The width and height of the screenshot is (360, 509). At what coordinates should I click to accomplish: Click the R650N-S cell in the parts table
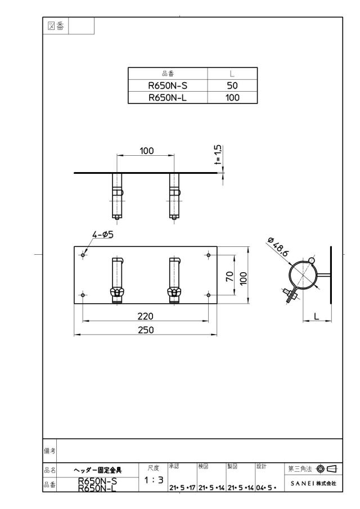[x=168, y=85]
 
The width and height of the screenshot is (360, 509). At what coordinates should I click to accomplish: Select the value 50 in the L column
[x=232, y=85]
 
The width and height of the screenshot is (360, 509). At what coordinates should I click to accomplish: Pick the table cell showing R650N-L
[x=168, y=98]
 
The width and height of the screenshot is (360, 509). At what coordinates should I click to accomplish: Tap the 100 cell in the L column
[x=232, y=98]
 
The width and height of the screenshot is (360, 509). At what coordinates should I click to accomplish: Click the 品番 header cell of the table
[x=168, y=74]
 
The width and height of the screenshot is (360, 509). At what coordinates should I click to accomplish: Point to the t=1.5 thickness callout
[x=218, y=155]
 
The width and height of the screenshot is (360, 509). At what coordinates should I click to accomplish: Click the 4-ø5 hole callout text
[x=103, y=235]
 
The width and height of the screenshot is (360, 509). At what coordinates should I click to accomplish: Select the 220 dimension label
[x=145, y=316]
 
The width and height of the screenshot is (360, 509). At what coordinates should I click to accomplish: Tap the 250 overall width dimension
[x=146, y=330]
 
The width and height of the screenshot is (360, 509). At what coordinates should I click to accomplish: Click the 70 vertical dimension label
[x=229, y=276]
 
